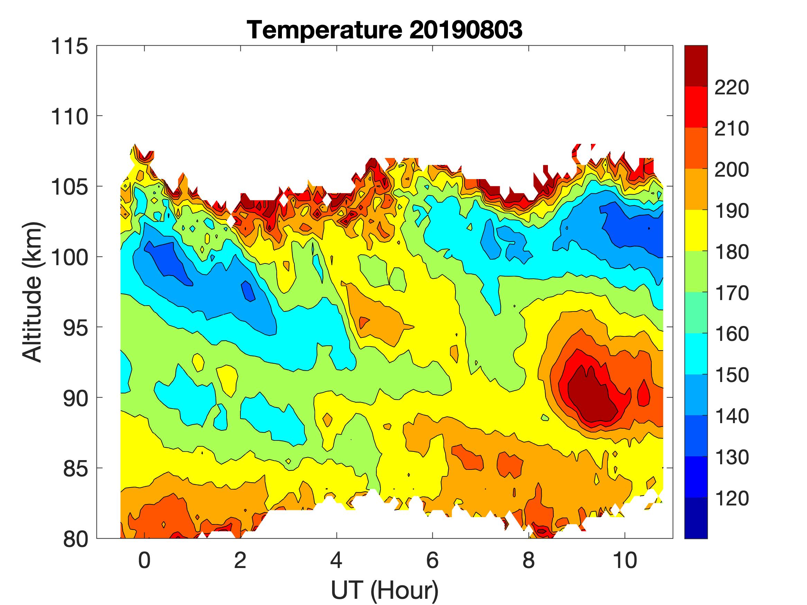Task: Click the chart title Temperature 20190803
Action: coord(385,30)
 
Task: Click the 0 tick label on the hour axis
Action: coord(145,560)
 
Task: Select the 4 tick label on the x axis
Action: coord(336,560)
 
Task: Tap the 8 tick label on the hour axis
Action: coord(529,560)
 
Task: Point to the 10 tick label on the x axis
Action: coord(625,560)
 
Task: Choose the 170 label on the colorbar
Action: coord(732,293)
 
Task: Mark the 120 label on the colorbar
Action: coord(732,498)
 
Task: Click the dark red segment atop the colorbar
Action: coord(696,66)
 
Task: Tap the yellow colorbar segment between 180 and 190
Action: coord(696,231)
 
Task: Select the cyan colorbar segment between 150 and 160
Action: coord(696,354)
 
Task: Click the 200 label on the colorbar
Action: coord(732,170)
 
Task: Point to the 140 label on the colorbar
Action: coord(732,416)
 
